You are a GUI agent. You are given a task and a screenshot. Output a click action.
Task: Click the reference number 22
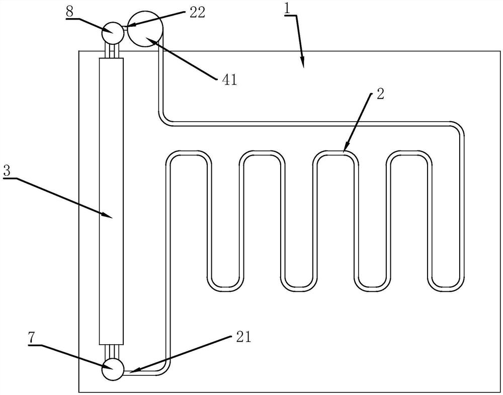[x=197, y=13]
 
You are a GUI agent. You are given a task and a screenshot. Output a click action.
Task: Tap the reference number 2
[x=380, y=94]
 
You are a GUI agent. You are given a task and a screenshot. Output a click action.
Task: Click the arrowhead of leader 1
[x=303, y=66]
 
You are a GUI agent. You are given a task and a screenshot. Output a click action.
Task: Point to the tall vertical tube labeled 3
[x=112, y=201]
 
